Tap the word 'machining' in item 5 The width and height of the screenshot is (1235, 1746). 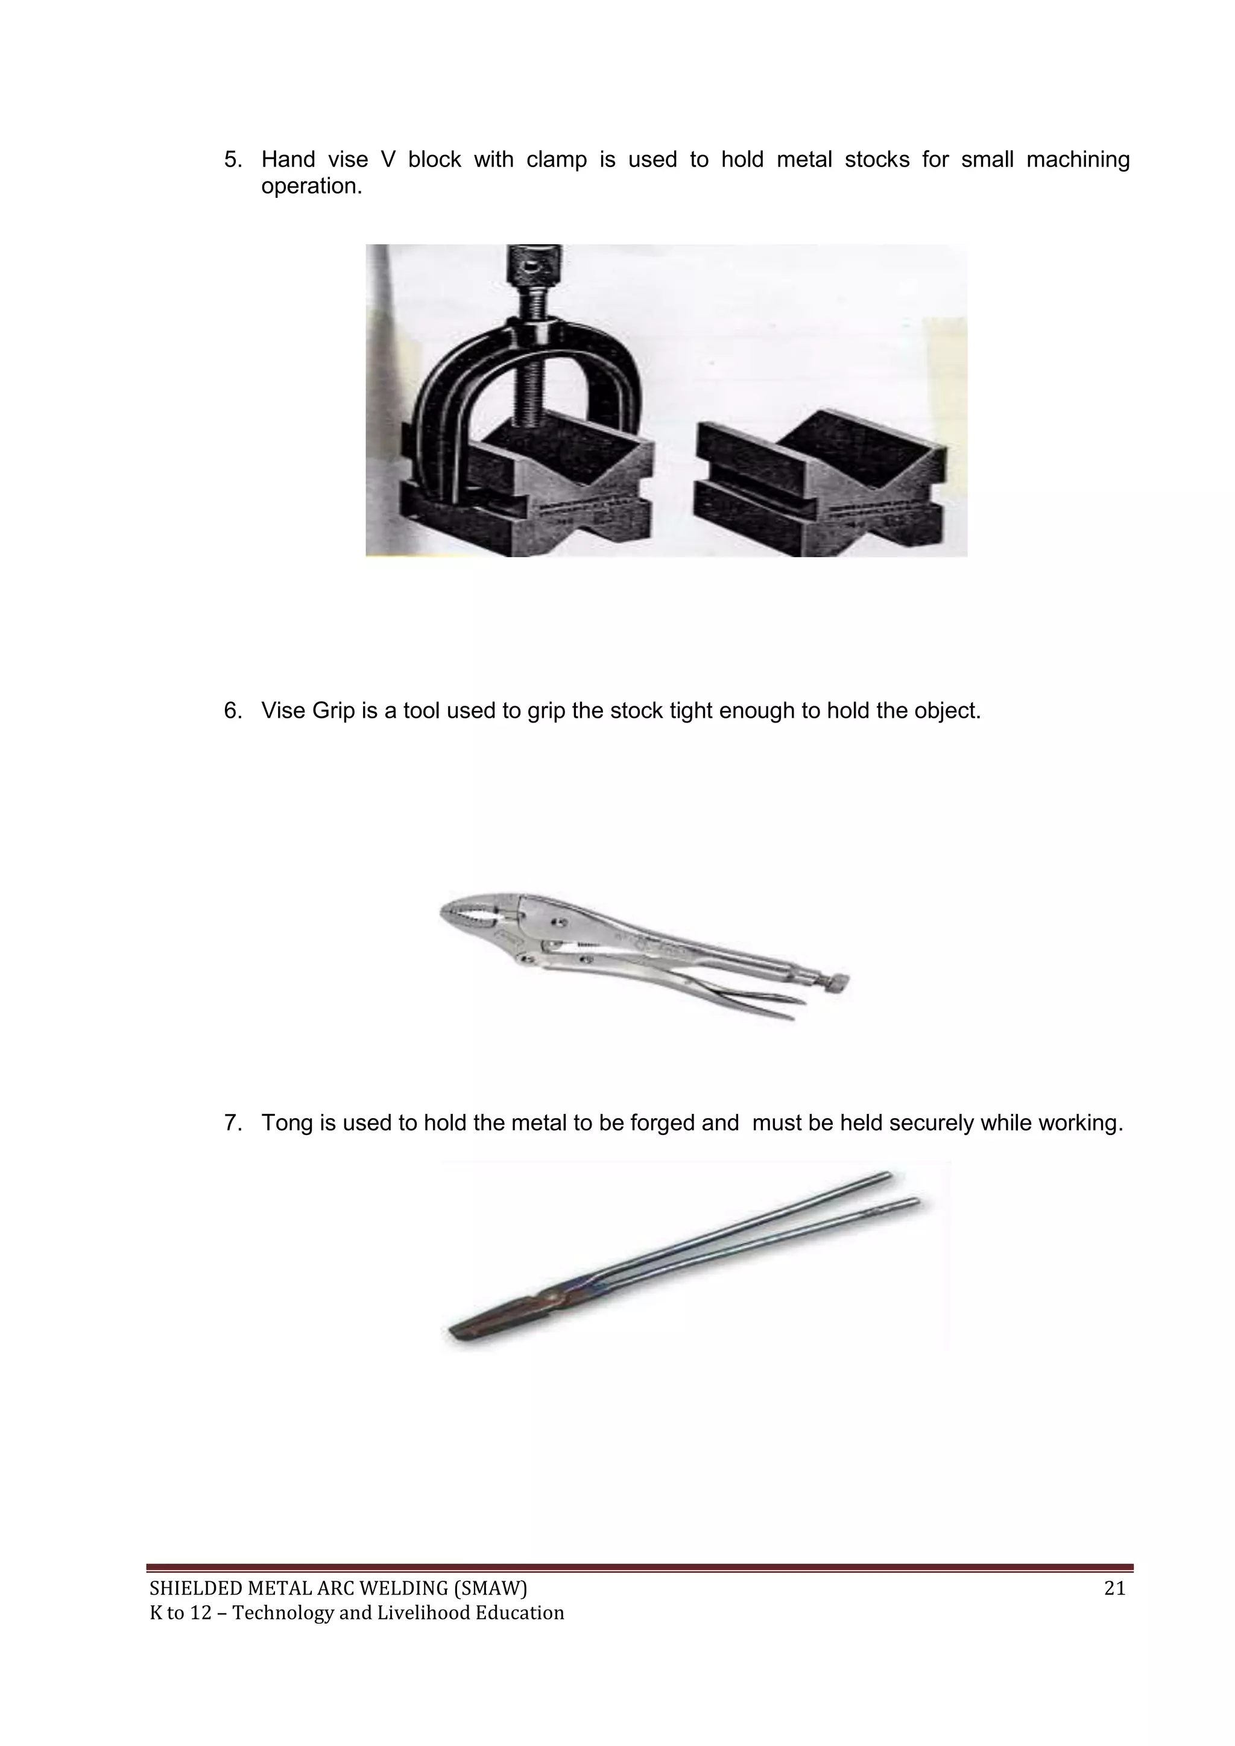pyautogui.click(x=1078, y=160)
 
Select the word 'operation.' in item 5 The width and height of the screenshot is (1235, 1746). pyautogui.click(x=311, y=186)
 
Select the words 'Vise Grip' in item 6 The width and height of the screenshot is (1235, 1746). pyautogui.click(x=308, y=711)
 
